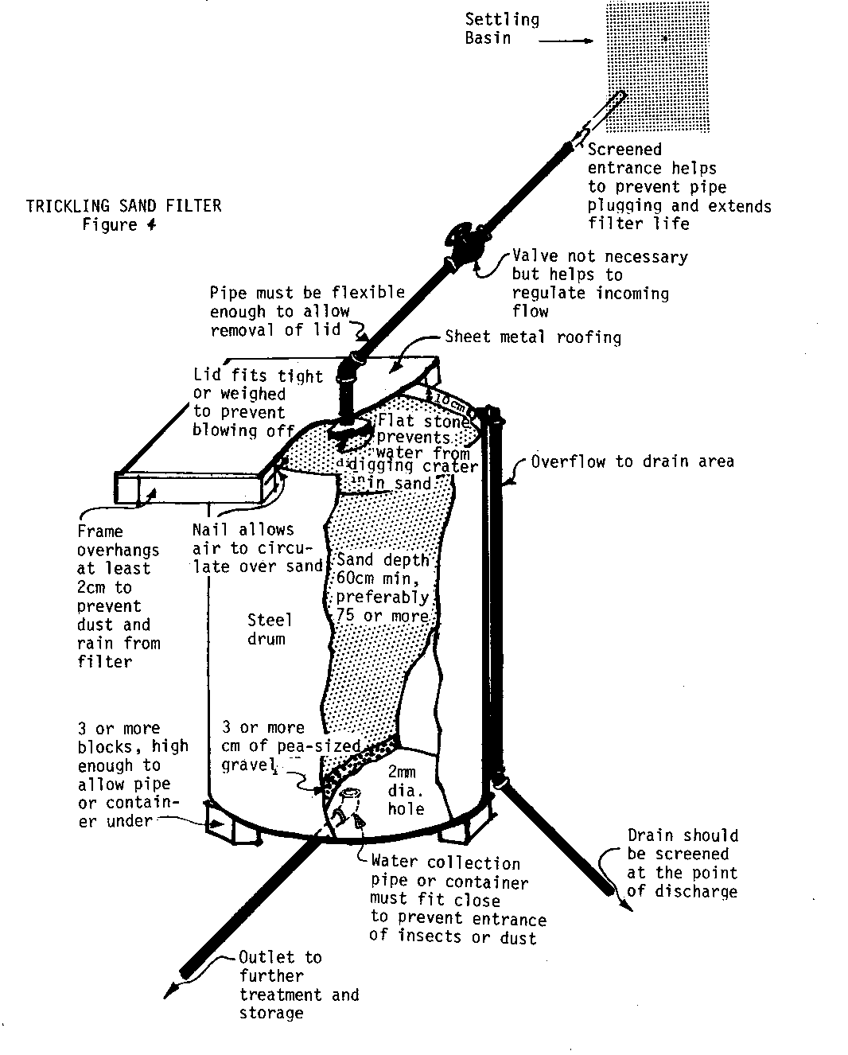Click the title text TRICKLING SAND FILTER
click(123, 206)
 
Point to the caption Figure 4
click(119, 225)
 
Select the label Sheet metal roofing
click(533, 337)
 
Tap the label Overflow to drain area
click(632, 461)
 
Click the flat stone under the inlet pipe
click(350, 430)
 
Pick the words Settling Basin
click(501, 29)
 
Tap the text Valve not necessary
click(600, 256)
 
